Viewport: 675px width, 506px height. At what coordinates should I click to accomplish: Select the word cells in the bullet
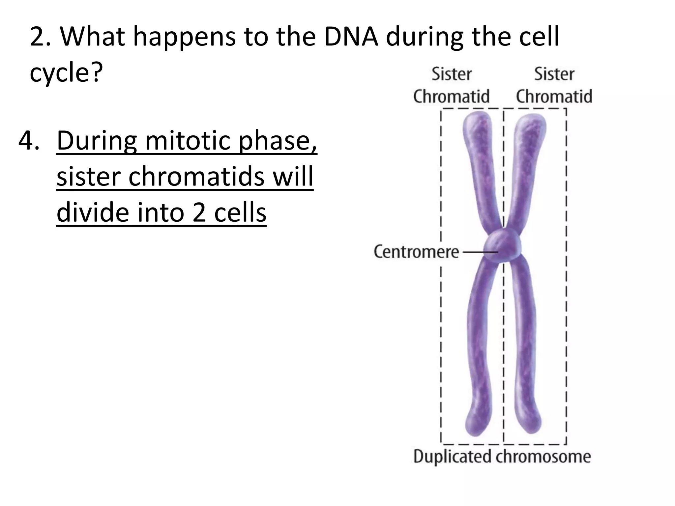click(x=240, y=212)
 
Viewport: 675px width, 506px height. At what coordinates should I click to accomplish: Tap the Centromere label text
click(x=416, y=252)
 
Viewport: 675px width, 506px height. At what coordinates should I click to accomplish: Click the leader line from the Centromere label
click(x=480, y=252)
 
